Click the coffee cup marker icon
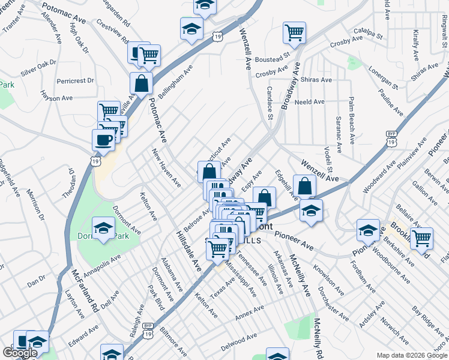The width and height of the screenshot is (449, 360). pos(103,140)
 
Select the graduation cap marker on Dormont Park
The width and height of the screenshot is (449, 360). pos(104,229)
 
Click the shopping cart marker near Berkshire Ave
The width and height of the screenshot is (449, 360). pos(421,238)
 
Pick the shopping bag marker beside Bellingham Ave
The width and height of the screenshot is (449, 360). pos(141,84)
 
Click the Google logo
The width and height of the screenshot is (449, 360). pos(20,353)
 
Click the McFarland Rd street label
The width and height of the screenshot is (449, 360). pos(83,290)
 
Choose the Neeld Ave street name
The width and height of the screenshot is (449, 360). pos(310,102)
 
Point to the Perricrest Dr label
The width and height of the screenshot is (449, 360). pos(76,80)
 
